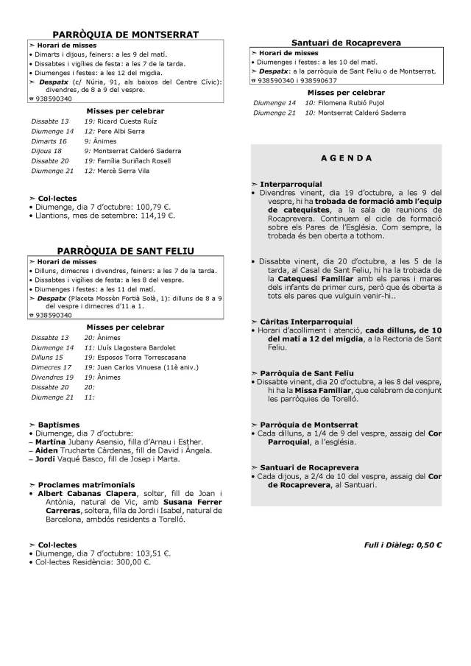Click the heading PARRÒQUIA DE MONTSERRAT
[125, 34]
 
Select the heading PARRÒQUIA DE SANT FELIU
[125, 251]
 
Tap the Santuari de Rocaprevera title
[346, 43]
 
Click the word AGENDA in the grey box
[347, 158]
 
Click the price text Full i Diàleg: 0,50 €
[403, 545]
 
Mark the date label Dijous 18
[46, 150]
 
